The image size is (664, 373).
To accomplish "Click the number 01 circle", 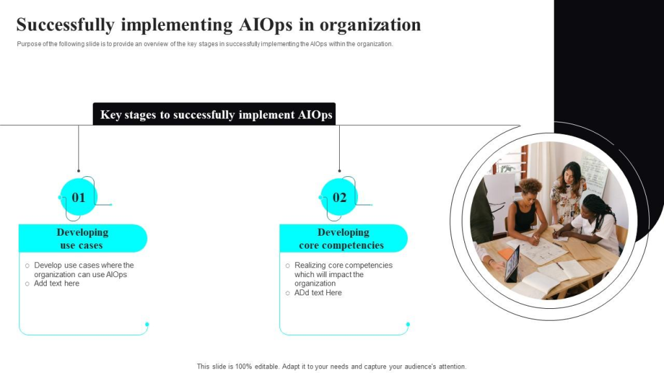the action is click(78, 197).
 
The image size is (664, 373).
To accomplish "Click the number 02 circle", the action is click(339, 197).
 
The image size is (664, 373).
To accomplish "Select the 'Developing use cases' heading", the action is click(82, 238).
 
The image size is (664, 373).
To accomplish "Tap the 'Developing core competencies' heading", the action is click(342, 238).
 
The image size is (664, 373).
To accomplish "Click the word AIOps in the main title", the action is click(265, 25).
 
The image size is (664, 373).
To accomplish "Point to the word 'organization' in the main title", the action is click(370, 25).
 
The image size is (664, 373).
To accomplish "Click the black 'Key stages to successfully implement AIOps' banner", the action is click(214, 114).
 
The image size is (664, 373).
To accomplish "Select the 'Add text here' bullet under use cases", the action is click(57, 284).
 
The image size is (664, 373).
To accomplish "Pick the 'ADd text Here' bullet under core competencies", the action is click(318, 293).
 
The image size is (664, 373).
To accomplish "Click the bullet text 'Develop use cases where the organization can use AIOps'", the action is click(84, 270).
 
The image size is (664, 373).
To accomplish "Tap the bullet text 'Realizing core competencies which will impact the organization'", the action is click(344, 274).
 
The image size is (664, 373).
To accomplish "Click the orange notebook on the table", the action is click(506, 253).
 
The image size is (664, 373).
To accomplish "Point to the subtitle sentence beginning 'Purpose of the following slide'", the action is click(205, 44).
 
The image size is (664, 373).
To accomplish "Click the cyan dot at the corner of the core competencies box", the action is click(408, 324).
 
